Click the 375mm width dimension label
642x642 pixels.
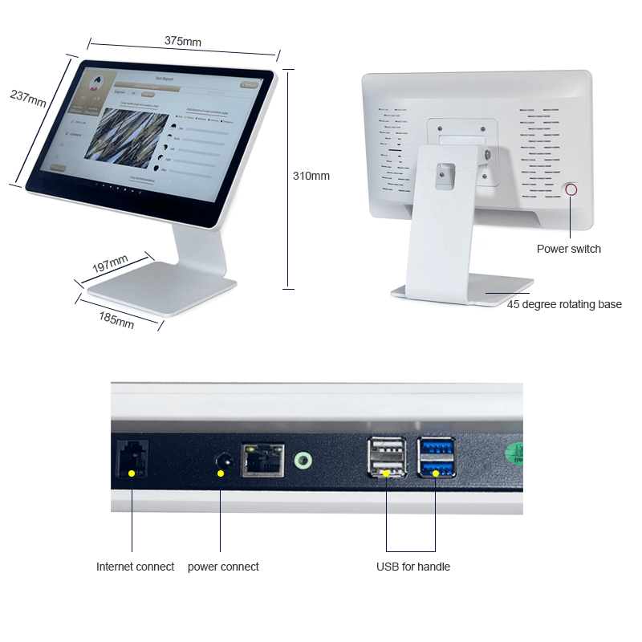point(183,40)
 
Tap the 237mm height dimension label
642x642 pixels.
point(27,97)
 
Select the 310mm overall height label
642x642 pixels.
point(311,176)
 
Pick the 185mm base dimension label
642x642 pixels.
point(116,319)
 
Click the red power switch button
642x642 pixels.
point(571,190)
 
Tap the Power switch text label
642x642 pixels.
point(568,249)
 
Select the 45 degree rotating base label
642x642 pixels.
point(564,304)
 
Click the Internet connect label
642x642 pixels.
point(135,567)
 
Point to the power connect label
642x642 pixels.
point(223,567)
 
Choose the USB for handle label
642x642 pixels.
point(413,567)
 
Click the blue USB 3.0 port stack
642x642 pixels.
point(436,460)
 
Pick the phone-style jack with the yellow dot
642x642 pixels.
point(132,459)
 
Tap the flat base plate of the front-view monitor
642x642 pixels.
point(160,291)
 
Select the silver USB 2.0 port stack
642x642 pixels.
point(386,460)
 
